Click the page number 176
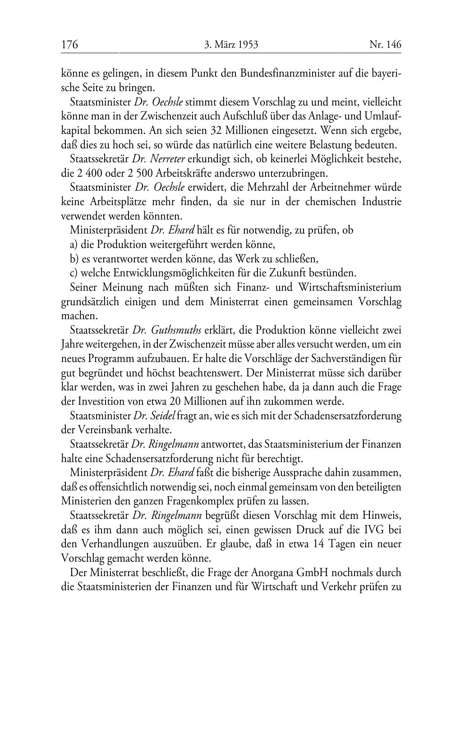click(x=70, y=45)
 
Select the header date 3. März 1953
click(x=231, y=45)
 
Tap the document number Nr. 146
click(x=385, y=45)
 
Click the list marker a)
click(x=74, y=245)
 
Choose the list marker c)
click(x=74, y=273)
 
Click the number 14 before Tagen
click(x=318, y=544)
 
